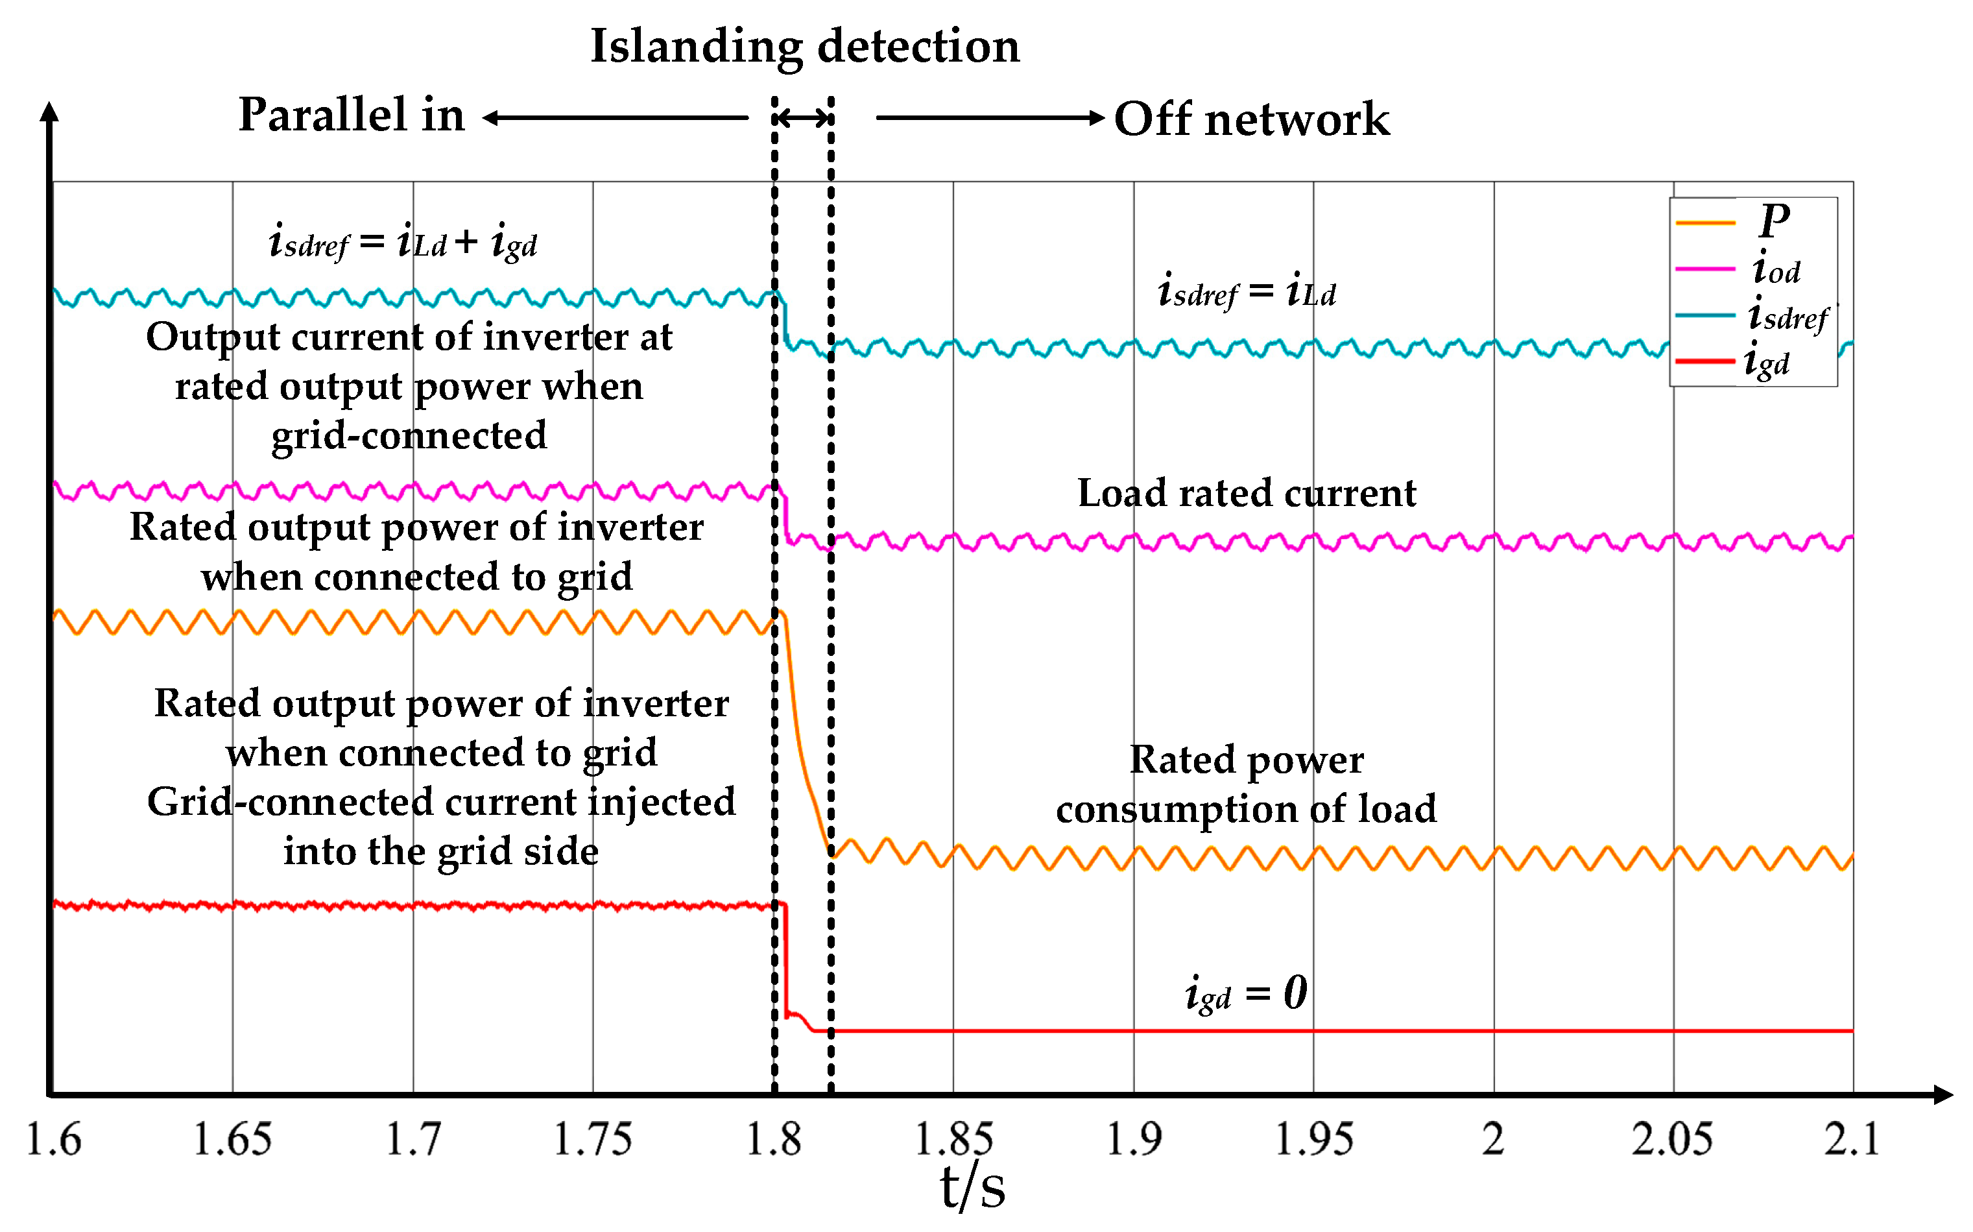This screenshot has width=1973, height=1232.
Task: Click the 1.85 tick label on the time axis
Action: (x=953, y=1139)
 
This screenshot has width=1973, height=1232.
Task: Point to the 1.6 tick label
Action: (x=54, y=1139)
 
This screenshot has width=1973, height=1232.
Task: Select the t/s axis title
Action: (x=973, y=1188)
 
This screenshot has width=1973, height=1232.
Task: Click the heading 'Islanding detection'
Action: (x=805, y=47)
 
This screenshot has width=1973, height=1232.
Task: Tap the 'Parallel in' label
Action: (x=352, y=115)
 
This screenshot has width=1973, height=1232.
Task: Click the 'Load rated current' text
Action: (x=1247, y=494)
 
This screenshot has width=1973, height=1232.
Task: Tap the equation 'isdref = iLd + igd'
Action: (x=403, y=242)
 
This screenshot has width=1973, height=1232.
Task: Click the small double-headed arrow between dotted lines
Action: (x=802, y=118)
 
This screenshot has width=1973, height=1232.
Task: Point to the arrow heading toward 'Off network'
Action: (x=989, y=118)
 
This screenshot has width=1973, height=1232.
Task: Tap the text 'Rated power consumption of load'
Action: (x=1247, y=784)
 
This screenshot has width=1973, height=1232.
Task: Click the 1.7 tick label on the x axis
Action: (x=413, y=1139)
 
